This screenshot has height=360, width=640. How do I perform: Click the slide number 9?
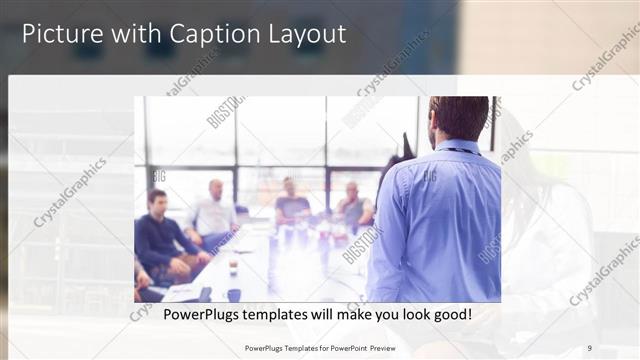(x=589, y=348)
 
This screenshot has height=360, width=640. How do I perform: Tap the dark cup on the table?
(x=233, y=294)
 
